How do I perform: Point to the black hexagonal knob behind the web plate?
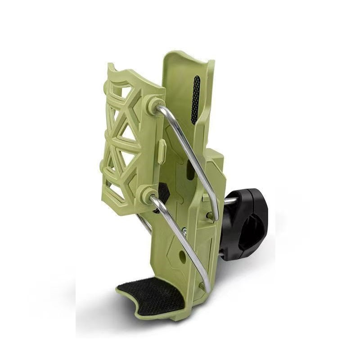[163, 193]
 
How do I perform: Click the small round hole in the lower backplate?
[182, 256]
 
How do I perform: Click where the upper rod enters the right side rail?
[215, 216]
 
